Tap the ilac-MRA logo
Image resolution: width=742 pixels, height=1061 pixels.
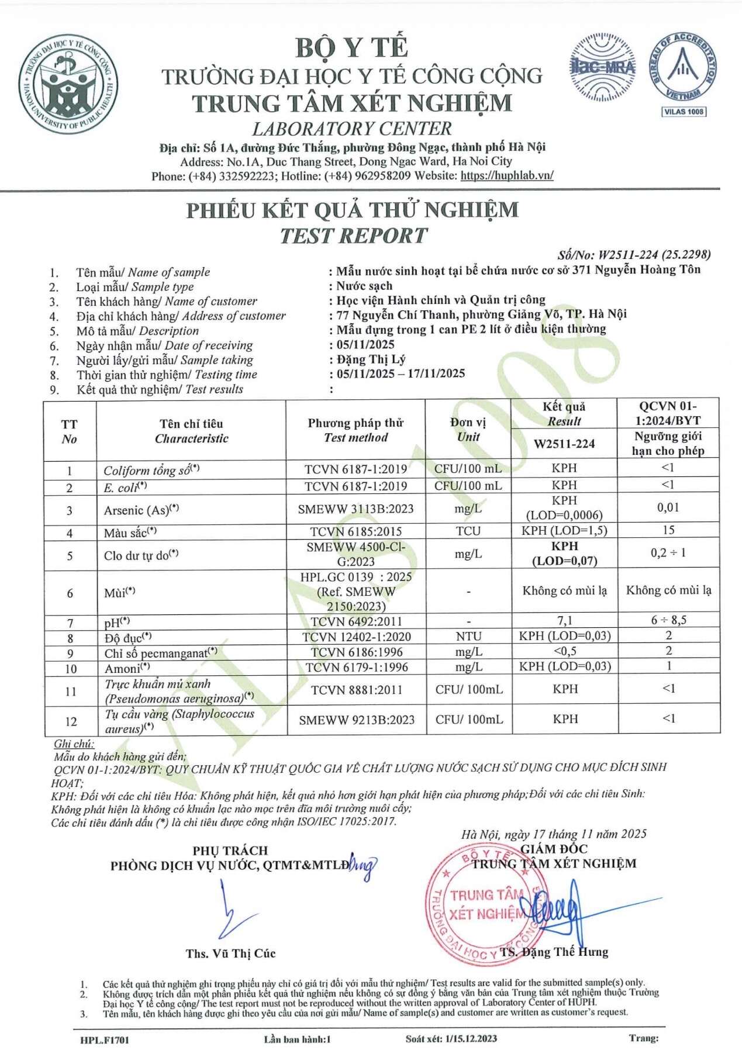click(x=602, y=68)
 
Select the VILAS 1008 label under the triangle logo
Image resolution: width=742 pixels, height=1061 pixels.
click(x=684, y=111)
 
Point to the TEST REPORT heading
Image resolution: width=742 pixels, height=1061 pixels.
click(x=353, y=236)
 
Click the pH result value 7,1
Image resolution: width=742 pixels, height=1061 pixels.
click(x=564, y=620)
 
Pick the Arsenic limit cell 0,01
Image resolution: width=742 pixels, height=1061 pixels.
click(x=668, y=507)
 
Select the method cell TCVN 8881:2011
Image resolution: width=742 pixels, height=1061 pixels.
click(x=356, y=690)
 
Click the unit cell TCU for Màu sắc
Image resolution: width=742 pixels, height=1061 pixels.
click(x=468, y=531)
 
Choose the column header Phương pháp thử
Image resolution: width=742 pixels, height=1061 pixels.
click(x=356, y=430)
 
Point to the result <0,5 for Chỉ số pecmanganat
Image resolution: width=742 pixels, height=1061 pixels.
click(x=564, y=651)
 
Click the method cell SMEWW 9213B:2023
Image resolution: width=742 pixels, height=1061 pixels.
click(x=356, y=720)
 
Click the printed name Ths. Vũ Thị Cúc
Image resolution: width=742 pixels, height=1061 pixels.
click(x=230, y=953)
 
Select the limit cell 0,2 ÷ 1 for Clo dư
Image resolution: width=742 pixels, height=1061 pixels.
click(x=668, y=553)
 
